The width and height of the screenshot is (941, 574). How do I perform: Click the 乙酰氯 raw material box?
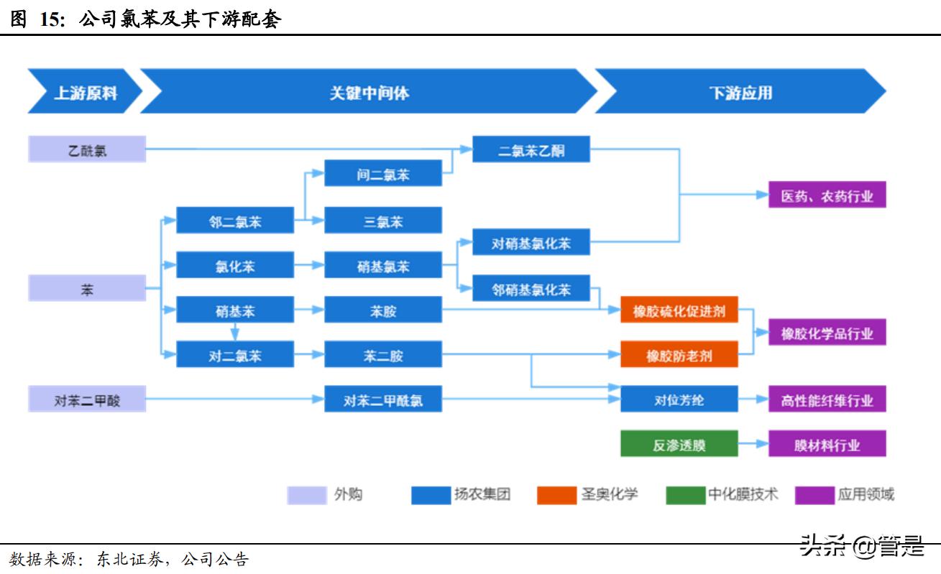coord(87,149)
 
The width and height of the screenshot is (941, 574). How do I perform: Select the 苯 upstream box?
coord(87,289)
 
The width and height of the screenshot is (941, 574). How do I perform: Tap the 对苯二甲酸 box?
coord(87,399)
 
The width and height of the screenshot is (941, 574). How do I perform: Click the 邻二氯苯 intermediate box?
coord(235,221)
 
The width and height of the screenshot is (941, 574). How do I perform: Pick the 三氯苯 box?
coord(383,221)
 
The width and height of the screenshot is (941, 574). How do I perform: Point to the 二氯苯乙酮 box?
coord(531,149)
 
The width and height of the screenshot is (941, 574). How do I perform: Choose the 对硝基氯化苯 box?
coord(531,243)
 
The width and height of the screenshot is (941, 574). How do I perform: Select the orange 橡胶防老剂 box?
coord(679,355)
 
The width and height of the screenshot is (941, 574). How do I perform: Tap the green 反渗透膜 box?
coord(679,444)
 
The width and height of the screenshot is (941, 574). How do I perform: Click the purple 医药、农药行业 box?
coord(827,195)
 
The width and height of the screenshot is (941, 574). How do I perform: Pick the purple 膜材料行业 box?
coord(827,444)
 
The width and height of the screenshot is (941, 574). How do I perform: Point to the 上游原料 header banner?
coord(85,92)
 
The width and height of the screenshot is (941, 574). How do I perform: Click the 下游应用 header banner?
coord(740,92)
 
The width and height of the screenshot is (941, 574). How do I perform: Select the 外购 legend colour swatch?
coord(307,495)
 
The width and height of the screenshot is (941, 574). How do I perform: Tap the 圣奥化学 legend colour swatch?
coord(556,495)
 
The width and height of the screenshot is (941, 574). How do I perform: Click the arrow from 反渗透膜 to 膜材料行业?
coord(753,444)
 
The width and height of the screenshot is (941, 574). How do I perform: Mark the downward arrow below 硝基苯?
coord(235,332)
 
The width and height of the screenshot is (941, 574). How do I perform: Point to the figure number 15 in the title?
coord(52,19)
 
